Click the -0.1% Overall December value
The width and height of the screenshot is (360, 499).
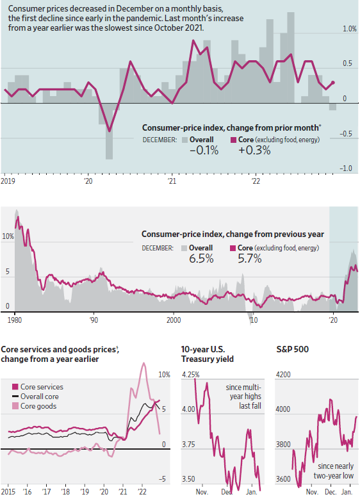click(204, 151)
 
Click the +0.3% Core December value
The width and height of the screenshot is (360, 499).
click(254, 151)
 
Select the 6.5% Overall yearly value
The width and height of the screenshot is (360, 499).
click(204, 259)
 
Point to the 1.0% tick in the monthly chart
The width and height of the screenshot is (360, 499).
click(349, 29)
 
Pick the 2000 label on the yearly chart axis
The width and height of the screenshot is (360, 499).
click(173, 318)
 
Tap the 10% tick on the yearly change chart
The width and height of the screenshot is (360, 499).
click(8, 236)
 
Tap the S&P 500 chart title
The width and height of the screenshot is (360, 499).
click(293, 350)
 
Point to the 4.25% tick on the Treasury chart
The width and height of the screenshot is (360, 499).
click(191, 374)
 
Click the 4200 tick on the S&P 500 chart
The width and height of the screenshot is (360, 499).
click(284, 374)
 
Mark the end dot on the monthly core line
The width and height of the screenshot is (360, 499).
click(332, 83)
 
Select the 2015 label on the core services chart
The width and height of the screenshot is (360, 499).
click(9, 492)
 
